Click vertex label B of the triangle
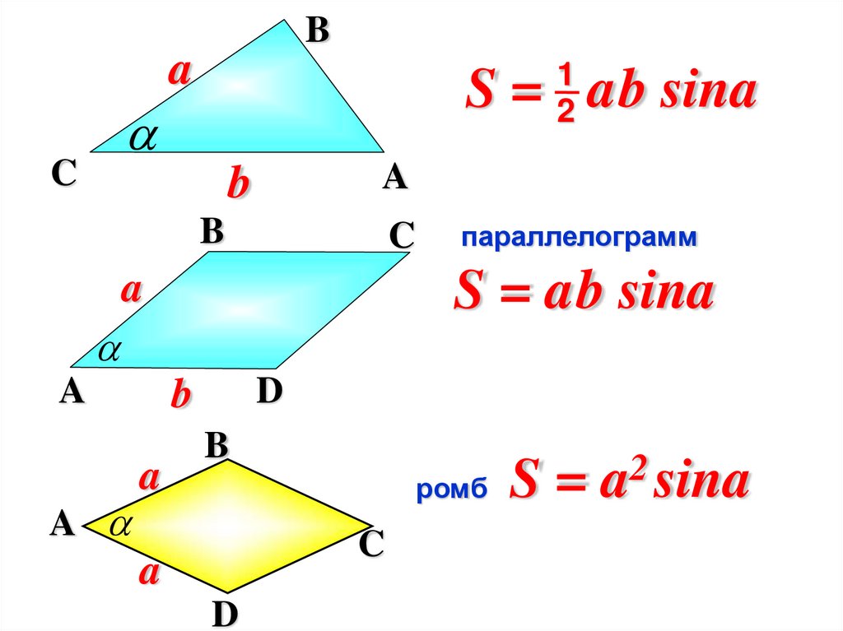coord(317,30)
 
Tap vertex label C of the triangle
coord(63,174)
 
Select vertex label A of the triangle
coord(395,176)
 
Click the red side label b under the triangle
coord(237,183)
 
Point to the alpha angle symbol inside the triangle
coord(142,137)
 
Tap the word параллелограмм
coord(579,239)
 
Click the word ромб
coord(452,491)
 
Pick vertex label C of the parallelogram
coord(401,236)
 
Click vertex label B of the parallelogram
coord(212,232)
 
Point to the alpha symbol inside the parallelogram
coord(109,351)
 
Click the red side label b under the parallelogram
coord(180,396)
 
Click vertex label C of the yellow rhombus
coord(371,545)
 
